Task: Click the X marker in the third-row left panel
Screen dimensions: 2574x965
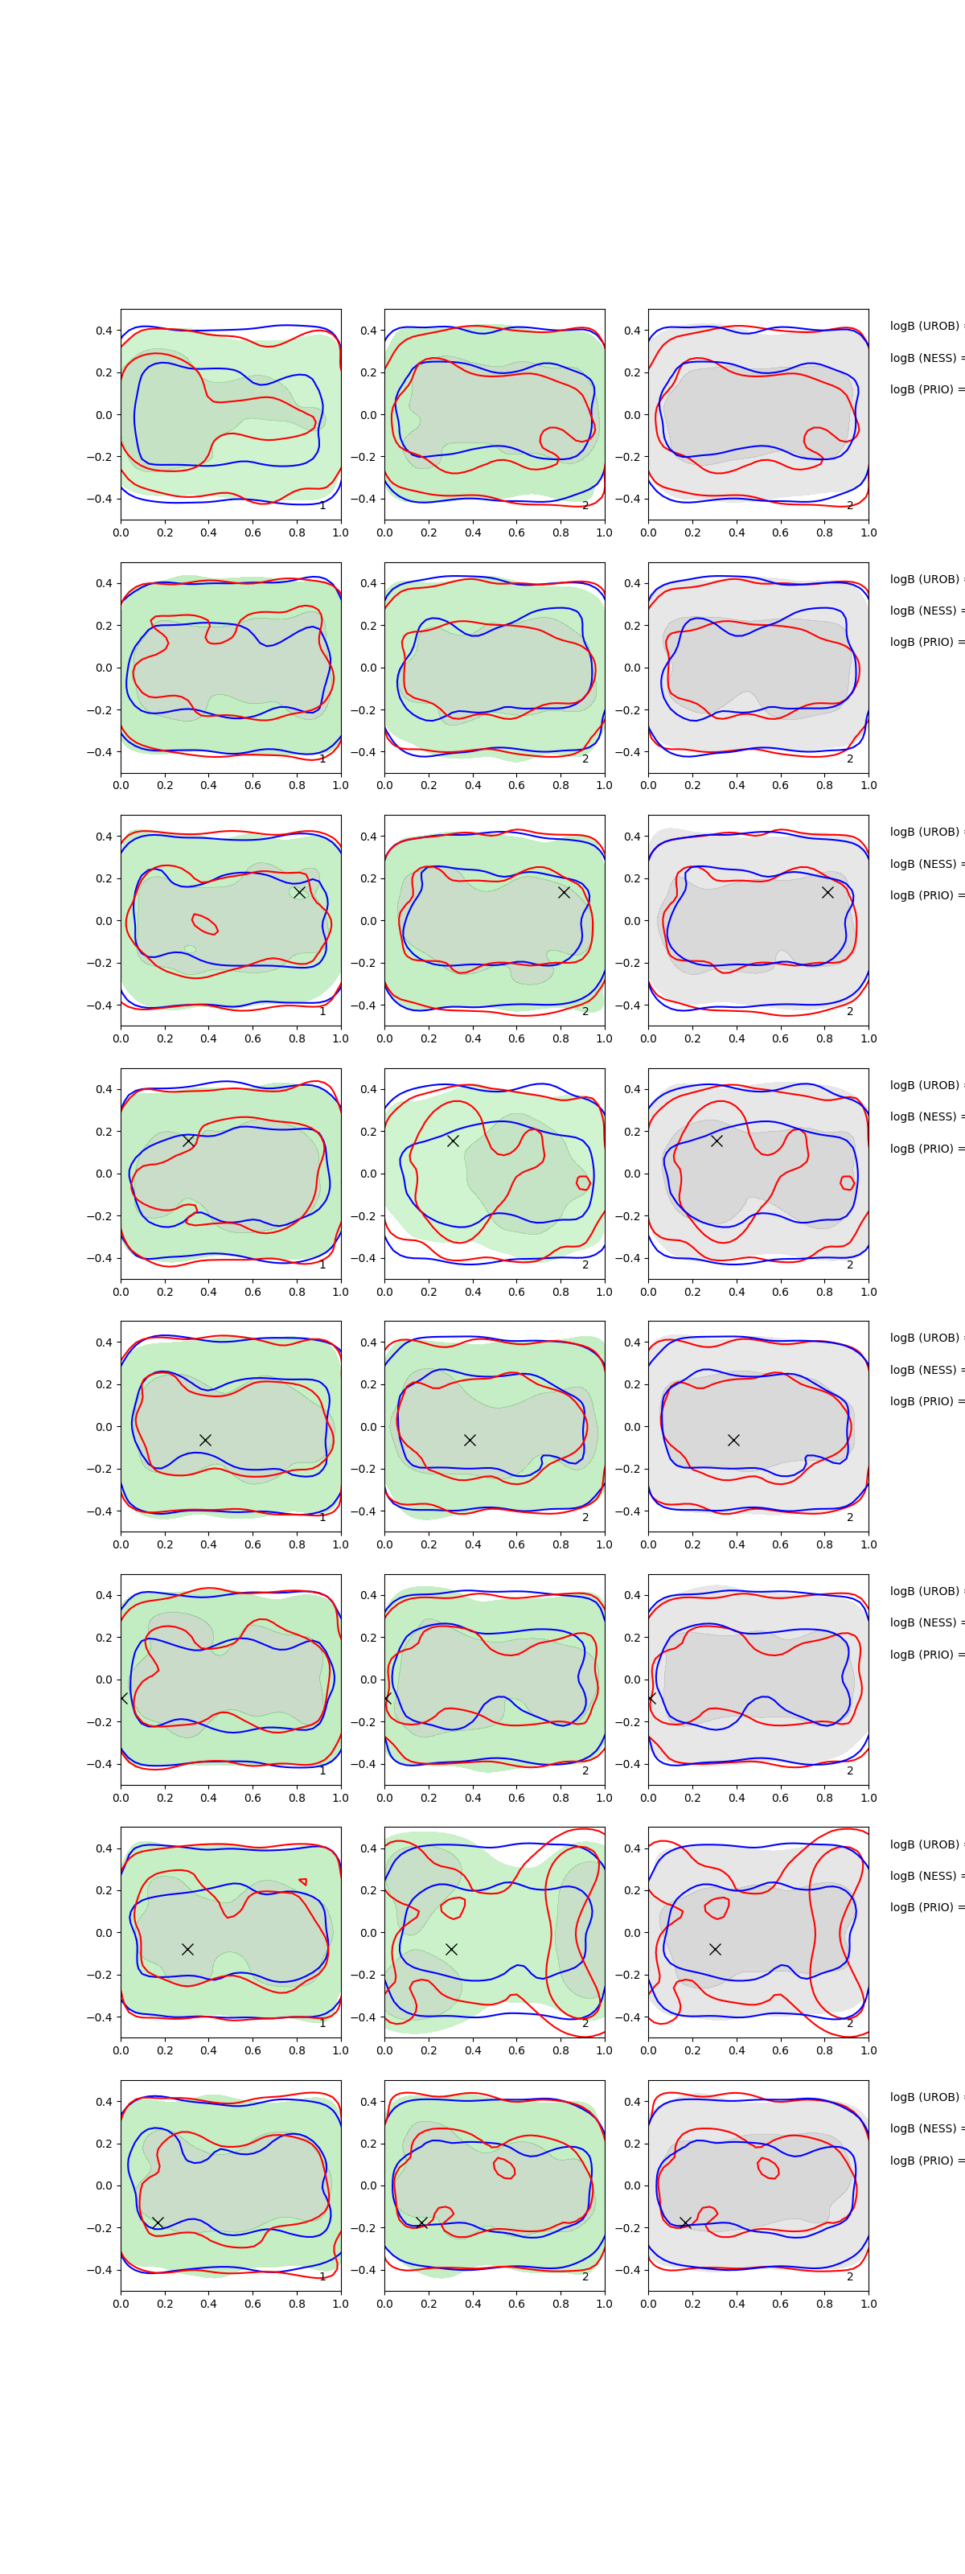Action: click(x=298, y=892)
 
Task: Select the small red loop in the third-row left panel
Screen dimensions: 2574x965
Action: click(x=203, y=924)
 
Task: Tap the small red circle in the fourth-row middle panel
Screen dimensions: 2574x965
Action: click(x=583, y=1182)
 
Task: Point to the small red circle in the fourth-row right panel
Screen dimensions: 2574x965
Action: click(x=847, y=1182)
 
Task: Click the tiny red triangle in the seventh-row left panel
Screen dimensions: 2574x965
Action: click(x=302, y=1881)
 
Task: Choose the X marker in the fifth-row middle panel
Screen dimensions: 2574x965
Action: click(x=470, y=1440)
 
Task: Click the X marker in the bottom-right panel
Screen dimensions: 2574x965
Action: click(x=685, y=2222)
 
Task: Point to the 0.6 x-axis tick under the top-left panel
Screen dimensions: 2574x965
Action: click(x=253, y=532)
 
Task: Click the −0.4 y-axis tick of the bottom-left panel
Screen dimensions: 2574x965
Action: click(x=103, y=2269)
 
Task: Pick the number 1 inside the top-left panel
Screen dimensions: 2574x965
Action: click(x=322, y=506)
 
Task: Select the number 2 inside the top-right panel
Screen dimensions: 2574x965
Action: click(x=850, y=506)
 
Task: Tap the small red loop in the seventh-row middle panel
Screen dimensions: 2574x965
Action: click(x=453, y=1906)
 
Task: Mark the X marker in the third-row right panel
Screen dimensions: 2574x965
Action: click(x=827, y=892)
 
